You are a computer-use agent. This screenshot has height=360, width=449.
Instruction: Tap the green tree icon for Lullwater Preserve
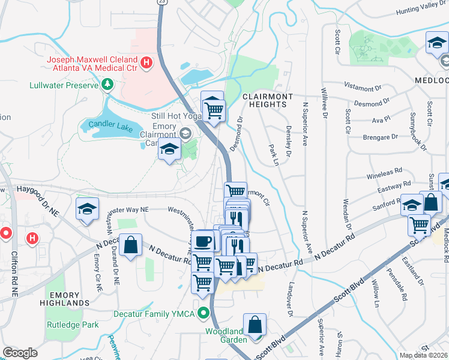pyautogui.click(x=107, y=85)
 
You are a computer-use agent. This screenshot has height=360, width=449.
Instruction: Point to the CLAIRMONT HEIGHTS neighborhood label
pyautogui.click(x=267, y=100)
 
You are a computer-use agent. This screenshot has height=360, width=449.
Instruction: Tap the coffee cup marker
pyautogui.click(x=202, y=241)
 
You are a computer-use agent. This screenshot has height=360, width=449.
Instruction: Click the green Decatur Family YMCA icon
pyautogui.click(x=205, y=313)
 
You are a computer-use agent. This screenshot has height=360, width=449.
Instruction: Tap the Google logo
pyautogui.click(x=20, y=353)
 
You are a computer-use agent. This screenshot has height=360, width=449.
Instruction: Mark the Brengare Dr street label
pyautogui.click(x=381, y=137)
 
